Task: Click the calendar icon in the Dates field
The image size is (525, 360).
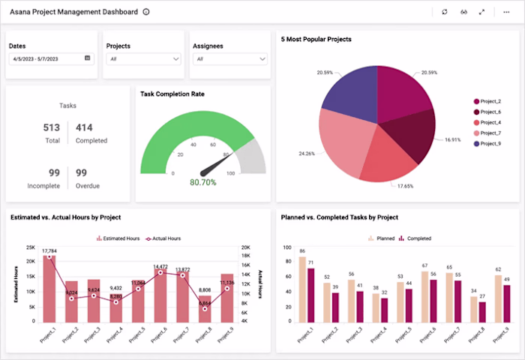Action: click(88, 58)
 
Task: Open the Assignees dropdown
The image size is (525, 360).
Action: click(230, 58)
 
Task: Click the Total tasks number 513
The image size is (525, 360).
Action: click(52, 127)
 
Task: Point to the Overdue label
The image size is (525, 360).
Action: click(88, 185)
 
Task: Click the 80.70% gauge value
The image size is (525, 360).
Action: click(203, 182)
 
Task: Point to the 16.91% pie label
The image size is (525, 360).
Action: click(452, 139)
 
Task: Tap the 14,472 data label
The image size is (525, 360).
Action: click(160, 266)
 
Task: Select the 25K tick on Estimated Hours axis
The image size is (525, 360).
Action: click(31, 247)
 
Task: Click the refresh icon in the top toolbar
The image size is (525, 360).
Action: click(445, 12)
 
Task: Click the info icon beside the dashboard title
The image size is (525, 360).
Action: click(146, 12)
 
